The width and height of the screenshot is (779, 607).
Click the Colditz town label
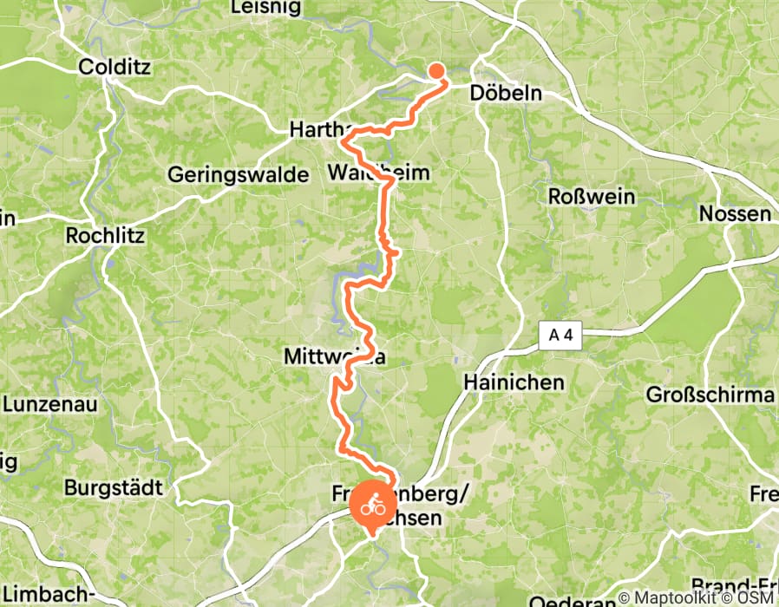[x=115, y=66]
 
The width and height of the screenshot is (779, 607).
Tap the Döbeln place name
[x=505, y=93]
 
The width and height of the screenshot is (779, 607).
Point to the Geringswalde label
[x=239, y=174]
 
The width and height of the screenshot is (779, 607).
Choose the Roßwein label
[x=592, y=197]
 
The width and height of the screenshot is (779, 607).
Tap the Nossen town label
[x=735, y=214]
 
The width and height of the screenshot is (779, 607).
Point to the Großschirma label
[x=710, y=395]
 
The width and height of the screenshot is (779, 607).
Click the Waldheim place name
[x=379, y=173]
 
